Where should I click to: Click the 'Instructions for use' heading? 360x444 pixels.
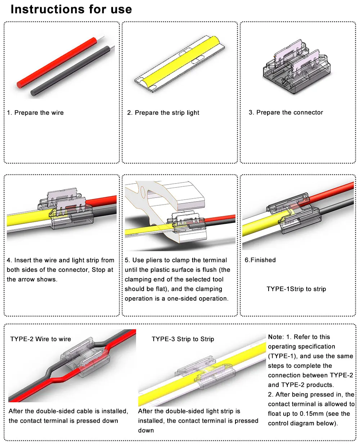click(71, 9)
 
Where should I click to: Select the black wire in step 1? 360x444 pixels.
click(72, 70)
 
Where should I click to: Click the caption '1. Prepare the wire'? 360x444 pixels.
click(35, 113)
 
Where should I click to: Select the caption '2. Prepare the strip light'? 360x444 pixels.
click(163, 113)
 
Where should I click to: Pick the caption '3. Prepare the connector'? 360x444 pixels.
click(286, 112)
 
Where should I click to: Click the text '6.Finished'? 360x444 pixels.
click(260, 260)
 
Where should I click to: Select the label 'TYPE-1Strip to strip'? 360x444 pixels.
click(296, 289)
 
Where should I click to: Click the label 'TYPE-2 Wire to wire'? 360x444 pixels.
click(41, 339)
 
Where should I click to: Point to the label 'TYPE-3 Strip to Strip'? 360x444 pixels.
click(183, 339)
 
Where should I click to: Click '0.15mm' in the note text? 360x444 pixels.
click(311, 413)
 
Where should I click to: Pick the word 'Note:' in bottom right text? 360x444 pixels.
click(276, 337)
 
